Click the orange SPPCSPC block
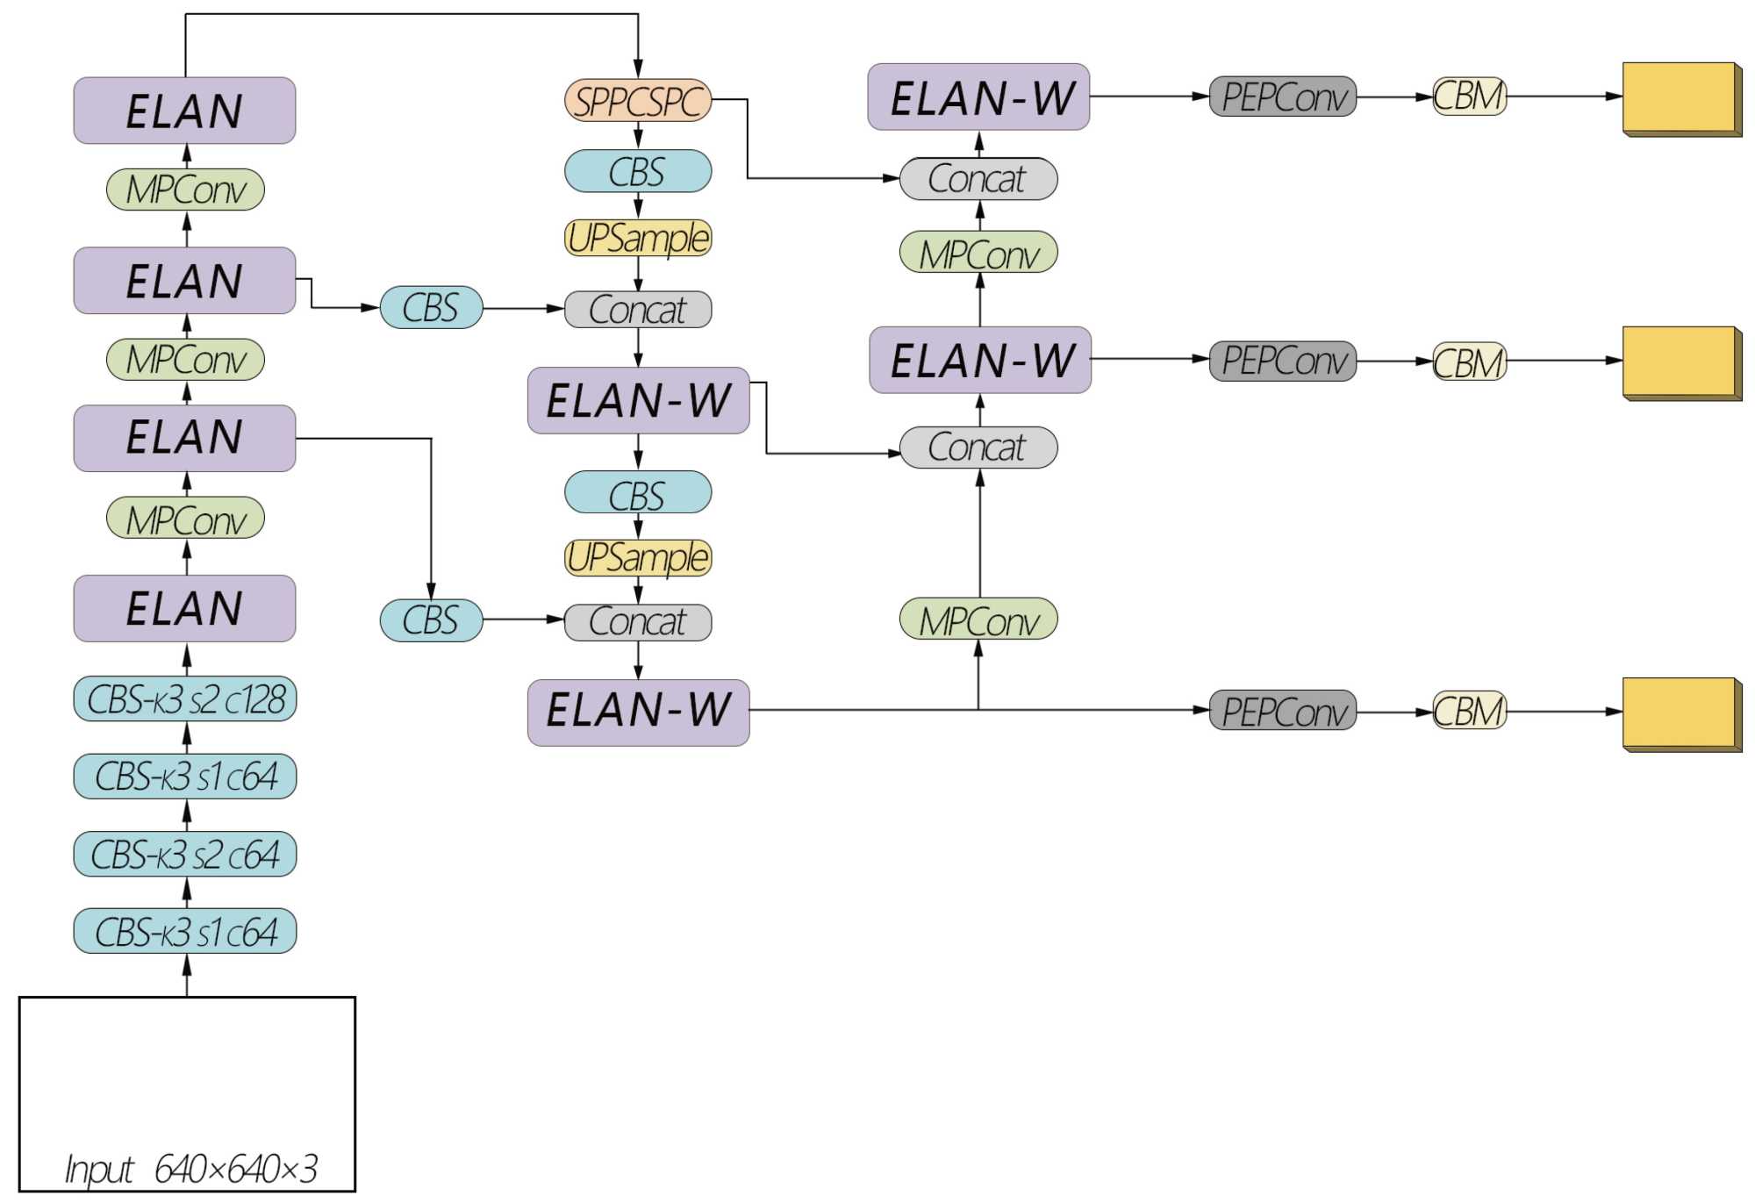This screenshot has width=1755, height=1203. (638, 101)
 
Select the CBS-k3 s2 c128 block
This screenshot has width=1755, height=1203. (185, 699)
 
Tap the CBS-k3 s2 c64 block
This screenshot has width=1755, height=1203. (185, 855)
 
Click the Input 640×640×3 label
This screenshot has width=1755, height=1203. (191, 1169)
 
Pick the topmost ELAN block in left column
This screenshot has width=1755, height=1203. (184, 111)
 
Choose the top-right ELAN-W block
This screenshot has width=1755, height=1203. (978, 97)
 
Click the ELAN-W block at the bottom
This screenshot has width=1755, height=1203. (638, 712)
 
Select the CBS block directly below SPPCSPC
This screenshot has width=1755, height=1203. (638, 171)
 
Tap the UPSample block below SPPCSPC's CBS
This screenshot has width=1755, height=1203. (638, 238)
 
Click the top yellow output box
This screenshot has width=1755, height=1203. (1682, 99)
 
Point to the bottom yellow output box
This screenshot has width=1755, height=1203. (1682, 714)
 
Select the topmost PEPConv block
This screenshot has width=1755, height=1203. (1283, 97)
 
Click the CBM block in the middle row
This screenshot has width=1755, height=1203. (1470, 362)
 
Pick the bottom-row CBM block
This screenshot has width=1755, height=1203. (1470, 711)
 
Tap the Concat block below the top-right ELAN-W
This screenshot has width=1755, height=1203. (978, 179)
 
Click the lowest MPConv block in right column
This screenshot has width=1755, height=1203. (978, 619)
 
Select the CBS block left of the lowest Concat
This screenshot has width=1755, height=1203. (431, 620)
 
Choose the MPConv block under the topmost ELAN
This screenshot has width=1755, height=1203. (185, 190)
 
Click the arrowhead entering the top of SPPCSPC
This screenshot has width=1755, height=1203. (638, 69)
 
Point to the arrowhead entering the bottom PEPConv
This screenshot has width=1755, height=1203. (1200, 710)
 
